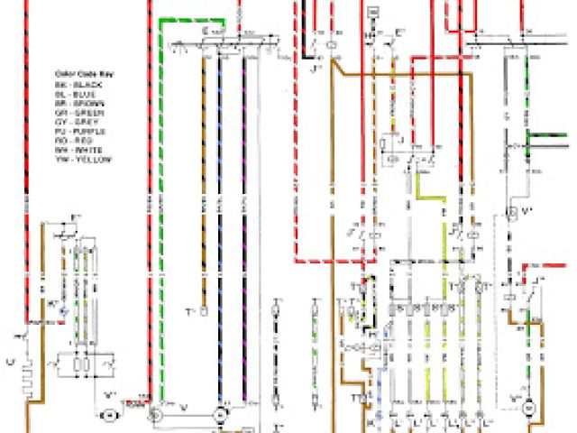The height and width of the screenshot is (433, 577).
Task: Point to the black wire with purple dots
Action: pos(243,226)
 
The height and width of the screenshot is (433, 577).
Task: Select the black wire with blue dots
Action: pos(222,226)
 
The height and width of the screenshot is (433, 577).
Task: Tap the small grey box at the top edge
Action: pos(373,10)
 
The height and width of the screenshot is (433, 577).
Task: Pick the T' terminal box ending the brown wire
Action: pos(205,311)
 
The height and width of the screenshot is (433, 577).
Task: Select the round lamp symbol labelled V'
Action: pos(110,413)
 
